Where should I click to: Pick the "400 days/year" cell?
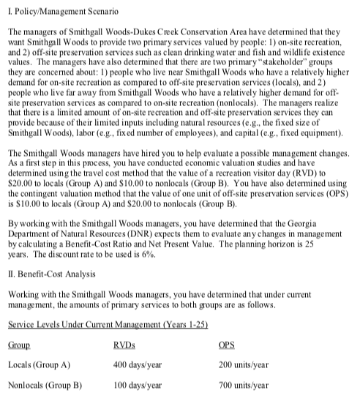click(138, 383)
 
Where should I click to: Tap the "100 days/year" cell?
click(138, 403)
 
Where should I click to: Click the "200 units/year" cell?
click(244, 383)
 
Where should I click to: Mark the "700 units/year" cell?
click(244, 403)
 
